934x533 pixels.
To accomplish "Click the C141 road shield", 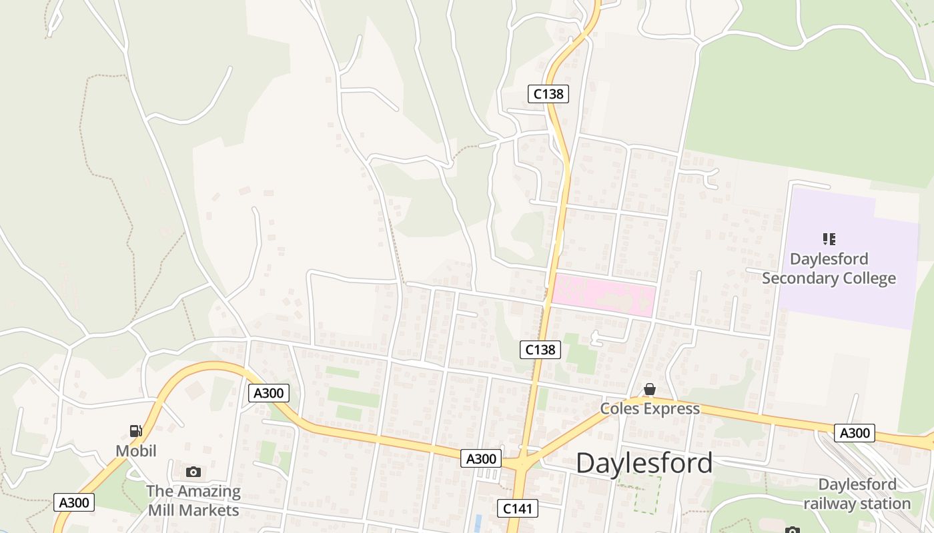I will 518,509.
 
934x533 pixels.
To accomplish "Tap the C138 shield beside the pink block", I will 540,349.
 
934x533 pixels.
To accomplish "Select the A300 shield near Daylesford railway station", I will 855,433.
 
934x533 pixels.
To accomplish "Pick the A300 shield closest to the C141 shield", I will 480,458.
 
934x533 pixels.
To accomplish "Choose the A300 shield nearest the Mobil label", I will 73,502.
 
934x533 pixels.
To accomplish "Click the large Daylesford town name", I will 644,463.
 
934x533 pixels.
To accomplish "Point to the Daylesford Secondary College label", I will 829,268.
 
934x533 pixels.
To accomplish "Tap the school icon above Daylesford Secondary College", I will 829,239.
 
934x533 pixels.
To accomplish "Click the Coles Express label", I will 650,408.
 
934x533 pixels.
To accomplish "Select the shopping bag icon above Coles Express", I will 650,389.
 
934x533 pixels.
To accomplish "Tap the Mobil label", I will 136,451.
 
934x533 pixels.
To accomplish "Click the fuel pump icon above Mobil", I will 136,431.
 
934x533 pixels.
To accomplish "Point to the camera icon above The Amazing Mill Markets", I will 193,472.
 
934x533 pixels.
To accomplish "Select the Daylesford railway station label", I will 857,494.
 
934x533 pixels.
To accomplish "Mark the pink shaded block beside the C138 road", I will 604,295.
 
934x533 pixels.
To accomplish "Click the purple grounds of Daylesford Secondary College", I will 854,300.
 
